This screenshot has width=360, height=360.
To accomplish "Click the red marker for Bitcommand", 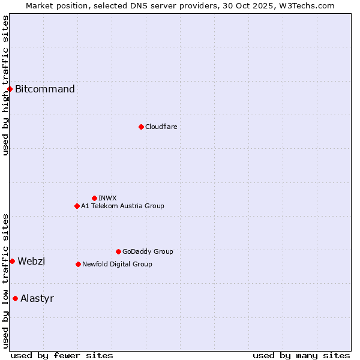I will (x=10, y=89).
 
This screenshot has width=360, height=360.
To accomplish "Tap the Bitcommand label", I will (x=45, y=89).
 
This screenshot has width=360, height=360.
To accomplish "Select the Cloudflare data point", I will (x=141, y=127).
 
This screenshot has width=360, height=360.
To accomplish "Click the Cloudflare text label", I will (x=161, y=127).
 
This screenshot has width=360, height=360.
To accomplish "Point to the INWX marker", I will (x=94, y=198).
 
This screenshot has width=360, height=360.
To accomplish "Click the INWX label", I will (x=107, y=198).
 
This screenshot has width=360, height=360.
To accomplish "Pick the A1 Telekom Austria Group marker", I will (x=77, y=206).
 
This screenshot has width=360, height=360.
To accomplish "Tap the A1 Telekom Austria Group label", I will (x=122, y=206).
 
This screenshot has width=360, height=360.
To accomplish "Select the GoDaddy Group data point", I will (x=118, y=251).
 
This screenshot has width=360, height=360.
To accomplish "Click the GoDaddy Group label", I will (x=148, y=251).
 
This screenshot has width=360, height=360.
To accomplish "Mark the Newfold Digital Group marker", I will (x=78, y=264).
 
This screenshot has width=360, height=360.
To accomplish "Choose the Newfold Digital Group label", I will (x=117, y=264).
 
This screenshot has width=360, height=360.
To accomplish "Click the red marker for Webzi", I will (x=12, y=261).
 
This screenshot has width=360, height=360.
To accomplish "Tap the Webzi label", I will (x=31, y=261).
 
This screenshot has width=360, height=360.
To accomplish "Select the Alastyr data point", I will (x=15, y=298).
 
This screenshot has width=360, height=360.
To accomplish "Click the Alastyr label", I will (x=37, y=298).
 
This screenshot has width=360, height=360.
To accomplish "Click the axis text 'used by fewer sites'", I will (x=62, y=355).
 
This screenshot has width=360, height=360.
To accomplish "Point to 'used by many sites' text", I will (x=301, y=355).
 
